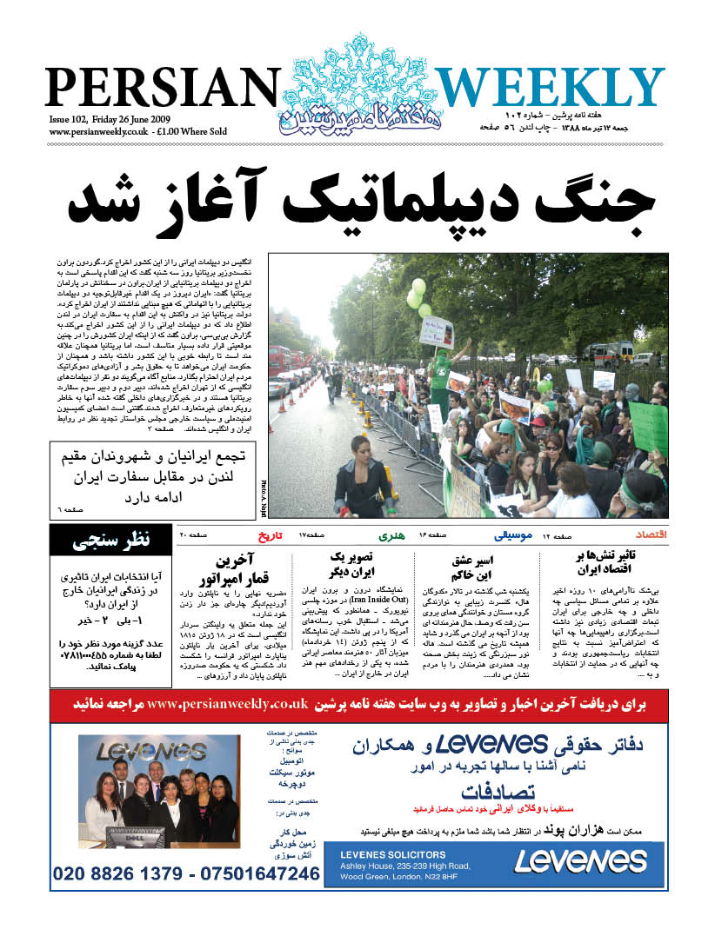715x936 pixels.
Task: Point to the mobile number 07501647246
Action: [x=259, y=873]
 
